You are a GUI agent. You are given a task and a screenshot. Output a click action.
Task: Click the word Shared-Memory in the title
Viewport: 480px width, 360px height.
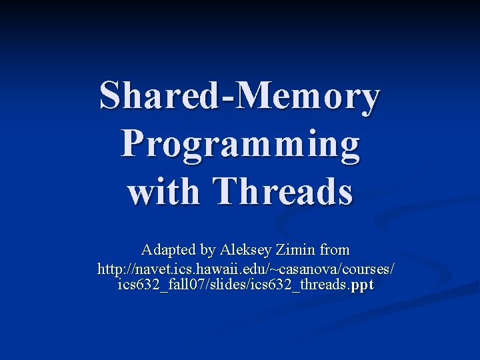[x=239, y=96]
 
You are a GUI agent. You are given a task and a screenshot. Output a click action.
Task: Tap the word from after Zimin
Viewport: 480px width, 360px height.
[x=334, y=250]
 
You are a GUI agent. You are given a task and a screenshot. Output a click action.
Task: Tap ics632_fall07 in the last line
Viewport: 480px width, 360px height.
[x=155, y=285]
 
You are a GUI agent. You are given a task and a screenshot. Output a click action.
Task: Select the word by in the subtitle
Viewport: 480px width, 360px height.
[x=207, y=251]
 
